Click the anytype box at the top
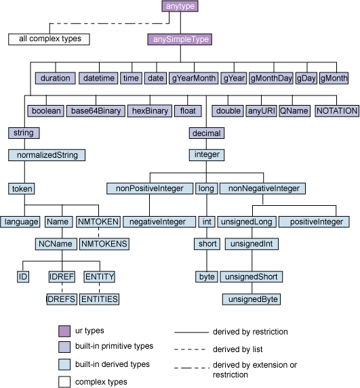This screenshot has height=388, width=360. (180, 7)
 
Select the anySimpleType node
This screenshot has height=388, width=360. (180, 39)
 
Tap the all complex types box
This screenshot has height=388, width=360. (48, 39)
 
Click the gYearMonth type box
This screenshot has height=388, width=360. (193, 78)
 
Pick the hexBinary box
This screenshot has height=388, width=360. (149, 110)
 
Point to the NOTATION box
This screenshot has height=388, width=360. (337, 110)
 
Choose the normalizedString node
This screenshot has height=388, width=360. (47, 154)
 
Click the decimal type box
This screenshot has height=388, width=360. (205, 133)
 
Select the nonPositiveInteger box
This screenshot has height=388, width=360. (150, 188)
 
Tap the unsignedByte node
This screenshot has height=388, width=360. (252, 299)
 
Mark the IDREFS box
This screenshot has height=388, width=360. (61, 299)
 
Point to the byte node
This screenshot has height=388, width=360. (206, 277)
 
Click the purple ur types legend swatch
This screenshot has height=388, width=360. (64, 331)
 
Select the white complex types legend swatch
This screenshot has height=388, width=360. (64, 381)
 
